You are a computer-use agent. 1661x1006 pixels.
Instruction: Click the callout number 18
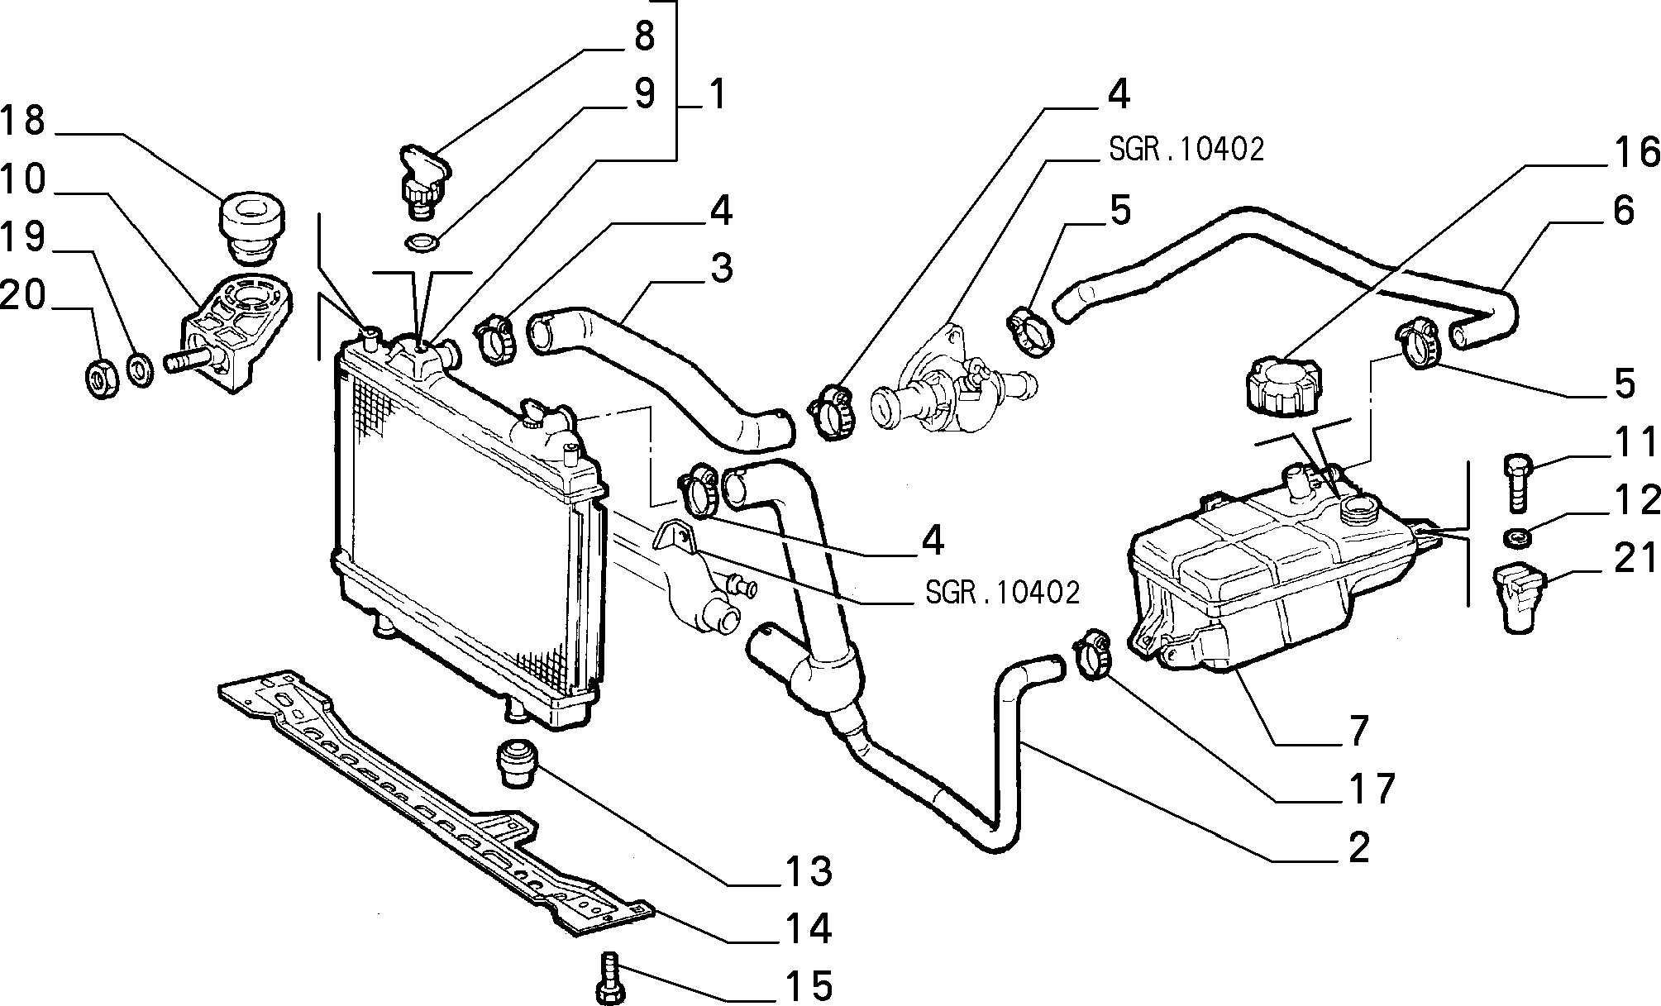(x=23, y=121)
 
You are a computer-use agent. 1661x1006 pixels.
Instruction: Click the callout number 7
(x=1358, y=729)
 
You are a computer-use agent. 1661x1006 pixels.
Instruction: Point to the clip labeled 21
(x=1517, y=597)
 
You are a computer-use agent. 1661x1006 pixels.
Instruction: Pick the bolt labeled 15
(x=610, y=978)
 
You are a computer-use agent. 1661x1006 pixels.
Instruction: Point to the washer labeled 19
(x=141, y=370)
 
